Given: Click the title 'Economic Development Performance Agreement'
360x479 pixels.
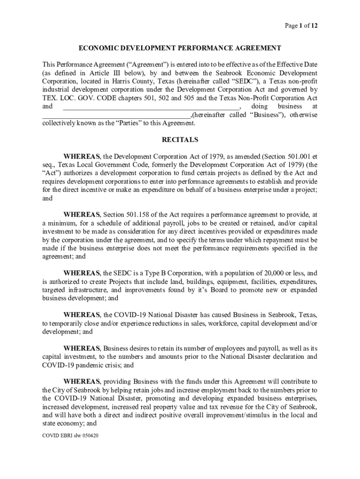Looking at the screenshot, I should (180, 48).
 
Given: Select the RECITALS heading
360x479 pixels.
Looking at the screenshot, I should (180, 139).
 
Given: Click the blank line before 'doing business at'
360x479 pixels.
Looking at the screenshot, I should (151, 107).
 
